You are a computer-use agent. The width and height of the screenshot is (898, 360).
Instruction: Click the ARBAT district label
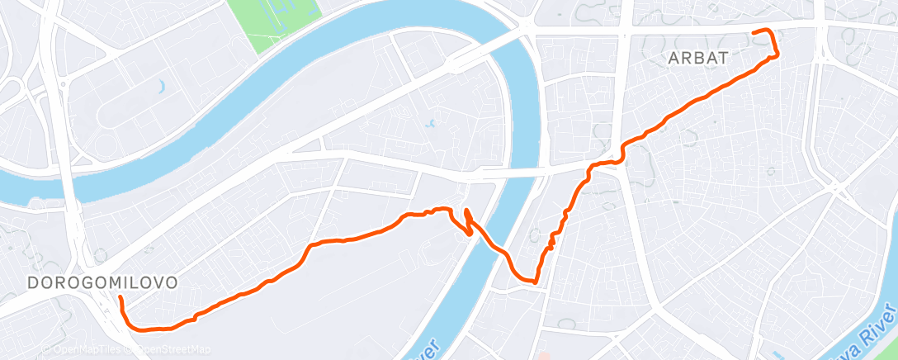click(x=698, y=58)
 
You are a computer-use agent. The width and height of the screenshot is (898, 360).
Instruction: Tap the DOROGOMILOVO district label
click(x=102, y=282)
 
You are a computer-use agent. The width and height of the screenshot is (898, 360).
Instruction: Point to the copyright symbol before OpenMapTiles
click(x=48, y=349)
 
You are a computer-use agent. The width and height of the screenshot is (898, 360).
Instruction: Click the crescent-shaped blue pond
click(x=162, y=86)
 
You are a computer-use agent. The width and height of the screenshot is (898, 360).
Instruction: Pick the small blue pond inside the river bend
click(x=430, y=125)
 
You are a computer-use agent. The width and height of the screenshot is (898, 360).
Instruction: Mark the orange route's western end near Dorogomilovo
click(x=120, y=296)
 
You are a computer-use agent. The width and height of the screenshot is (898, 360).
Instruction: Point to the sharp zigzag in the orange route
click(x=466, y=221)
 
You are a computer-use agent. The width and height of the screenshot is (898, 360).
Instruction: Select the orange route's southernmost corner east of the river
click(x=536, y=282)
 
